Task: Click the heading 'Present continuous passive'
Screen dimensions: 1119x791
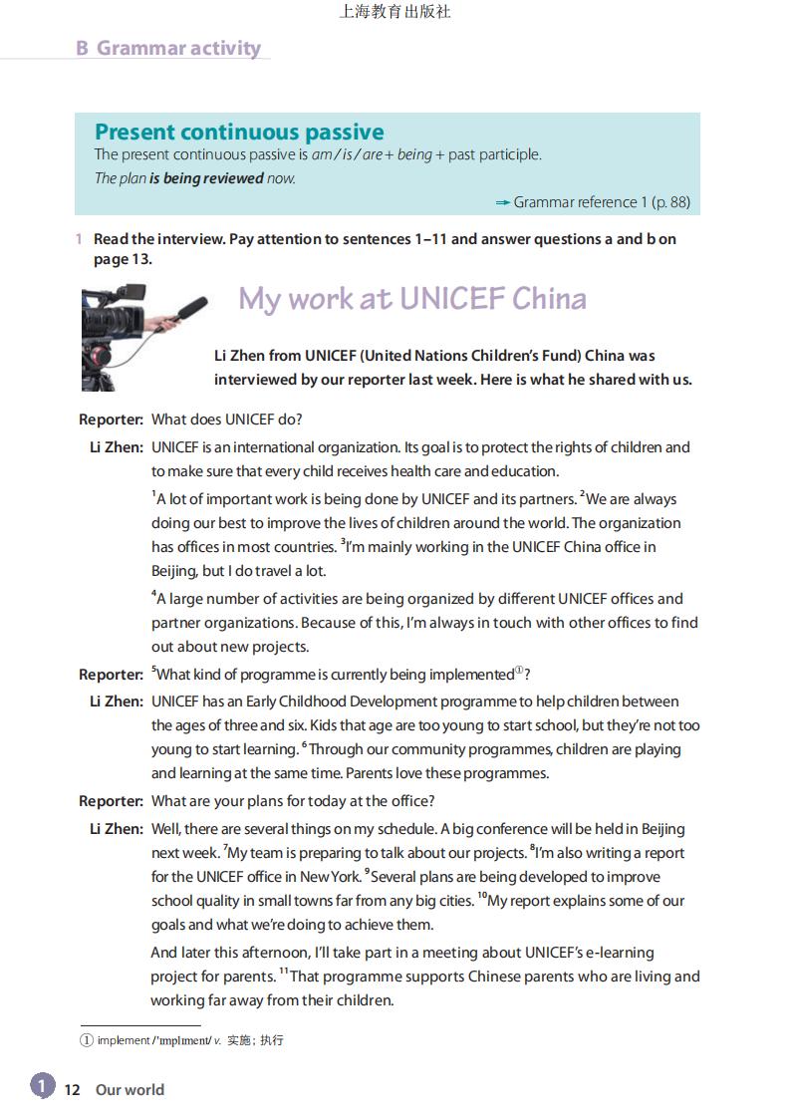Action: (x=239, y=132)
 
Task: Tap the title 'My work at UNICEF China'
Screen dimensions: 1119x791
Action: (x=412, y=298)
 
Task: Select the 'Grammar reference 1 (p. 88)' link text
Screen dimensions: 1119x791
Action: (x=602, y=202)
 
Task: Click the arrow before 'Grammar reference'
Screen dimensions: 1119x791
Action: (x=503, y=202)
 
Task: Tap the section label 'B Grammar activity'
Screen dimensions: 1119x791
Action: (x=168, y=48)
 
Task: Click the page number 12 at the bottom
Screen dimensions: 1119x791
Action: (x=72, y=1089)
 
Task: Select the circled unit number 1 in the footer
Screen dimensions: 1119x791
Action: (x=42, y=1085)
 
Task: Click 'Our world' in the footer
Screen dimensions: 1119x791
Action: (x=130, y=1089)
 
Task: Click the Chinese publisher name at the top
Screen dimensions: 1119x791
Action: (x=395, y=12)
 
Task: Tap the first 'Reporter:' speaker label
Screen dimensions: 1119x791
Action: (x=112, y=420)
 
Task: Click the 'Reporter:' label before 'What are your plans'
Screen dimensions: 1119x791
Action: (x=112, y=801)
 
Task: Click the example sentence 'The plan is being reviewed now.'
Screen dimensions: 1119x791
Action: (x=195, y=178)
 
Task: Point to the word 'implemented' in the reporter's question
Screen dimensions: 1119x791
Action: (x=471, y=675)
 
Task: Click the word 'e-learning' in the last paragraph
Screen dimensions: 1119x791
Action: (x=618, y=953)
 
